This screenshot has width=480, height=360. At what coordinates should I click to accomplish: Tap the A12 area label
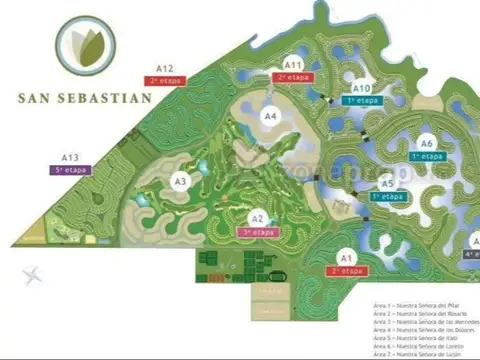coord(166,67)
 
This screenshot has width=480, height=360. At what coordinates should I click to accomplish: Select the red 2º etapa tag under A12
coord(166,80)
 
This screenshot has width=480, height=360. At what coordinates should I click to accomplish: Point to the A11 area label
coord(294,64)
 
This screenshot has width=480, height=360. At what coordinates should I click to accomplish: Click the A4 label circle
coord(270,116)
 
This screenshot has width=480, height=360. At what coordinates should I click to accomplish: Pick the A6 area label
coord(427,144)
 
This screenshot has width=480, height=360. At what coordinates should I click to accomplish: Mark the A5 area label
coord(387,184)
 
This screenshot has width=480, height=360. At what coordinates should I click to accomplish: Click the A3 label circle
coord(180,181)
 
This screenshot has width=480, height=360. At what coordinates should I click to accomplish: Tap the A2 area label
coord(258,218)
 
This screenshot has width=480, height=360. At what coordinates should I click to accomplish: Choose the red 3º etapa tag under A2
coord(258,232)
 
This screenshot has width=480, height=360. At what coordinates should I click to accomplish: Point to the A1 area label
coord(346,257)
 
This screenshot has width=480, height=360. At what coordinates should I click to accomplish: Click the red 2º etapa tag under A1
coord(346,271)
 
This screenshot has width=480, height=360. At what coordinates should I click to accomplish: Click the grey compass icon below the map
coord(35,273)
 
